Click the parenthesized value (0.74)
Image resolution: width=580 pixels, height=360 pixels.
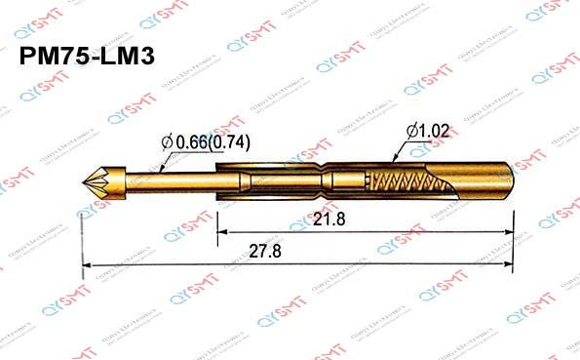[232, 142]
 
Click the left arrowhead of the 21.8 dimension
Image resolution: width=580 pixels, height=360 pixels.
[219, 233]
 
